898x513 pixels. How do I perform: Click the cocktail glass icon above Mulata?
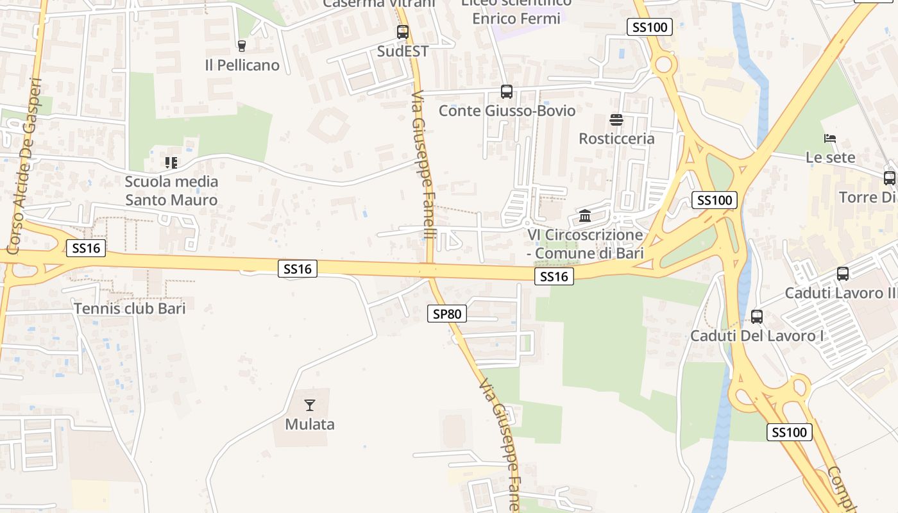click(310, 405)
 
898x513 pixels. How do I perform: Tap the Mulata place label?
click(310, 424)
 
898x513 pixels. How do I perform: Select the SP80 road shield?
click(447, 314)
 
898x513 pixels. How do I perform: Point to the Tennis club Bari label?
click(130, 308)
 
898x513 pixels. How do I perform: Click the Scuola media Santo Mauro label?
click(171, 190)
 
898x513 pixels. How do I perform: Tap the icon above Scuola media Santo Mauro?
click(171, 163)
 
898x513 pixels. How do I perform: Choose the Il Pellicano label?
click(242, 65)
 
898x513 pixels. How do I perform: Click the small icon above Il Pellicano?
click(241, 46)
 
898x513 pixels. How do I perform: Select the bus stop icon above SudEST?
click(403, 31)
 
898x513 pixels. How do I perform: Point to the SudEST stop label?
click(403, 51)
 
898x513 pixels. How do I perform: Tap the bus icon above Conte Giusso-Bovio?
click(507, 91)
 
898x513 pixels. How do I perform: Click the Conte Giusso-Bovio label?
click(507, 110)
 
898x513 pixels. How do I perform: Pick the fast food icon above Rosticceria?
click(616, 119)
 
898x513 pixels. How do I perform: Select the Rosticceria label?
click(616, 139)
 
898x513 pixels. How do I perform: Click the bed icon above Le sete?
click(830, 138)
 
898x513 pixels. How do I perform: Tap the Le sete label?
click(830, 157)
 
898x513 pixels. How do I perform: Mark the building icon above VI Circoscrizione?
click(585, 215)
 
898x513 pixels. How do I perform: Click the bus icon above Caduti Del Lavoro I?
click(757, 316)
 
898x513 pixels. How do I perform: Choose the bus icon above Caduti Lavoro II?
click(843, 274)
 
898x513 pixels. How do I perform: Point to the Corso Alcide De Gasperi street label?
click(25, 165)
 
